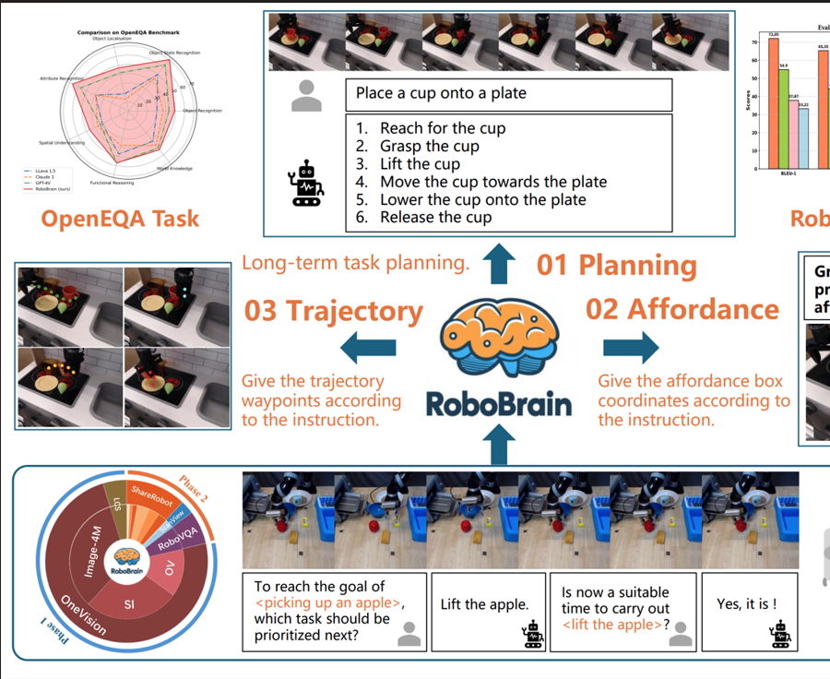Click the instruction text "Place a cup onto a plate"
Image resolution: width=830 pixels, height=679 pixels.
(441, 93)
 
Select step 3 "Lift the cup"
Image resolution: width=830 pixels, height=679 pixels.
(420, 164)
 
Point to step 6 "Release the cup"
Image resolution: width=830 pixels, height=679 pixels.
(435, 217)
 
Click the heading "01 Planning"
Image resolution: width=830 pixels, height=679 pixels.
(616, 265)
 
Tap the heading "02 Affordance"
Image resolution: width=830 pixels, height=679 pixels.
(682, 308)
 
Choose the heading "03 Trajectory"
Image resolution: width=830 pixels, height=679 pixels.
(333, 311)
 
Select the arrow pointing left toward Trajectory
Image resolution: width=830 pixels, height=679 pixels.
(369, 348)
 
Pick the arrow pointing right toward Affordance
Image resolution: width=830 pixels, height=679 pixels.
(631, 348)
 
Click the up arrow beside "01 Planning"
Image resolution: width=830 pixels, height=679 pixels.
(499, 264)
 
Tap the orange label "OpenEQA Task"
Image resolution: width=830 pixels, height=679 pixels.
(120, 219)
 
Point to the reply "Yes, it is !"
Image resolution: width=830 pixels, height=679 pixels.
(746, 604)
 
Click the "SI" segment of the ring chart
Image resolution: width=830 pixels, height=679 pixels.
(130, 603)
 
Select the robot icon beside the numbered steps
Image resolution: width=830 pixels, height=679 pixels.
(304, 183)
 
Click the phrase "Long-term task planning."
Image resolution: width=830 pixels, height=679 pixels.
(355, 264)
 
